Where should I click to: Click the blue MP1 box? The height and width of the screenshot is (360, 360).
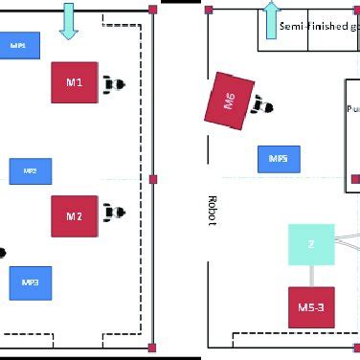click(x=19, y=46)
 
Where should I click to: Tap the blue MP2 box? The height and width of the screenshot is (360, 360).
click(x=30, y=171)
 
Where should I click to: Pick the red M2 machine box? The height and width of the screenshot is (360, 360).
click(x=75, y=216)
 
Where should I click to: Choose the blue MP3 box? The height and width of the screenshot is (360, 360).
click(x=30, y=282)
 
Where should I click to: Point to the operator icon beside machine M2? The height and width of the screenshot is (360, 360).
click(x=117, y=211)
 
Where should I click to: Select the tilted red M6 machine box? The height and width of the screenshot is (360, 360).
click(x=230, y=100)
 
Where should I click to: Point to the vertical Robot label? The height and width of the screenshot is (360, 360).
click(x=212, y=211)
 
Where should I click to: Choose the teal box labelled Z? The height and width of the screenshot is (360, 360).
click(x=311, y=244)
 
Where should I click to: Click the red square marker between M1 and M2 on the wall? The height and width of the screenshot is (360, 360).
click(x=153, y=179)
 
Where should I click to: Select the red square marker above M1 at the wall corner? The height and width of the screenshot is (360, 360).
click(x=153, y=11)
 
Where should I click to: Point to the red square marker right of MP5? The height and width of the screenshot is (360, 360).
click(x=354, y=178)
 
